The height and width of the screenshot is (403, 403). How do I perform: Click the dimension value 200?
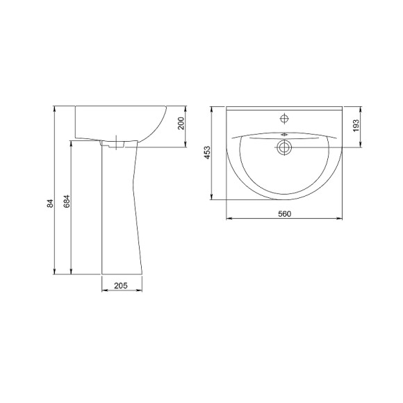(x=181, y=124)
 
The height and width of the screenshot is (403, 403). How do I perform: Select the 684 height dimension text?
(x=67, y=201)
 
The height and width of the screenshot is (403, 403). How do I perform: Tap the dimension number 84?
(x=50, y=204)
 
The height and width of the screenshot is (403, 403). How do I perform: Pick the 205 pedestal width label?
(x=121, y=286)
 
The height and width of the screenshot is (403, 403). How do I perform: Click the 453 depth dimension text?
(x=207, y=152)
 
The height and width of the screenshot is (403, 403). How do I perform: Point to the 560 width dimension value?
(x=284, y=213)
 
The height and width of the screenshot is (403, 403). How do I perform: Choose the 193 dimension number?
(x=356, y=126)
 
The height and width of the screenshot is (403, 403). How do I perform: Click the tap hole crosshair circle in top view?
(x=284, y=119)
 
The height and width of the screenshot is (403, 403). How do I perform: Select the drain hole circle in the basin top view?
(x=284, y=147)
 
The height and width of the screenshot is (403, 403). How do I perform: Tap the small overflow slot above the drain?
(x=284, y=134)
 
